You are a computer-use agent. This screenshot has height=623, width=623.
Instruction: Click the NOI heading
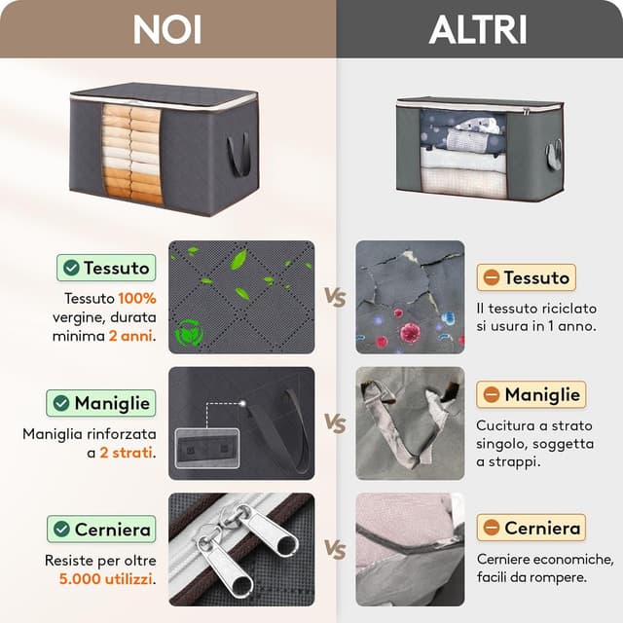[167, 29]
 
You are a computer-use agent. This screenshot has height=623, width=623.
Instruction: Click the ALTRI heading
[478, 29]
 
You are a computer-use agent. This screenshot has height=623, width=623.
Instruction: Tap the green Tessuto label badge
[106, 268]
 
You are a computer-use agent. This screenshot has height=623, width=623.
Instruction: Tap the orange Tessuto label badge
[526, 277]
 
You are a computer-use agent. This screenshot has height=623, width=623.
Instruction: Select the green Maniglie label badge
[101, 402]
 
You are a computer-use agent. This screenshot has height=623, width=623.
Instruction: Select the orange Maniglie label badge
[531, 394]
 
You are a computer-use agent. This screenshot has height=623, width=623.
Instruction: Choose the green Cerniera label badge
[101, 530]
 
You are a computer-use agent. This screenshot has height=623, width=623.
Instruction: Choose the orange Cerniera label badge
[531, 528]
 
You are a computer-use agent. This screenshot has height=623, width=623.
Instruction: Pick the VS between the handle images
[335, 423]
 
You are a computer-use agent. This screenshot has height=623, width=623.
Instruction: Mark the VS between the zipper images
[335, 550]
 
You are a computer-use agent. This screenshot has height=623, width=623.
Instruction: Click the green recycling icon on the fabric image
[189, 333]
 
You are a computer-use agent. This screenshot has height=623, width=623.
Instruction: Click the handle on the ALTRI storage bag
[554, 154]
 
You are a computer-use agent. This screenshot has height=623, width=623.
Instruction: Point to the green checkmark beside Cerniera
[62, 530]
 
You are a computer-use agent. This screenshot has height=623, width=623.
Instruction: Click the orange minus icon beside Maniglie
[492, 394]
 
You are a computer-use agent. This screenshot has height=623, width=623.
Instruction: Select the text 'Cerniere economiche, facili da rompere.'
[544, 568]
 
